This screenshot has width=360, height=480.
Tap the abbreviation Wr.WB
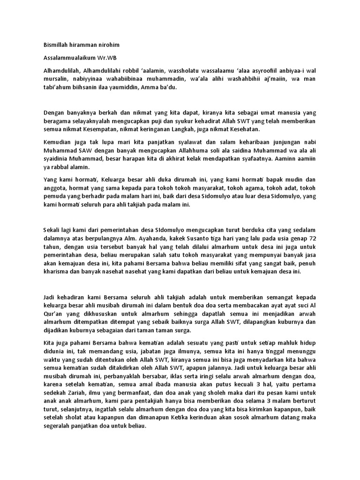click(109, 58)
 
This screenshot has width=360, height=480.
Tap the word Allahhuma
click(187, 150)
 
